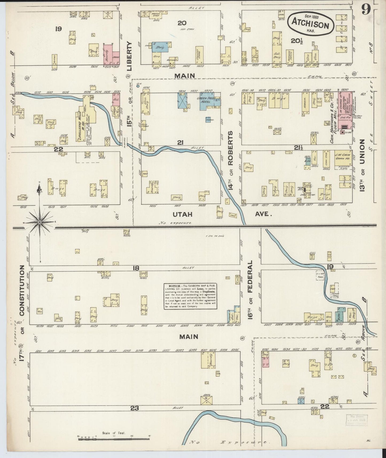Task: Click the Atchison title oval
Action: [311, 23]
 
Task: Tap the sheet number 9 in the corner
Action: [366, 10]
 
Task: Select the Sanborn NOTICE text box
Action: [190, 296]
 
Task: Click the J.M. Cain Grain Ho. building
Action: [343, 158]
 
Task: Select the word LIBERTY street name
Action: [129, 56]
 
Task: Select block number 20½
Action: [297, 41]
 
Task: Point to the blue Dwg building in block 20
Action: [160, 47]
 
